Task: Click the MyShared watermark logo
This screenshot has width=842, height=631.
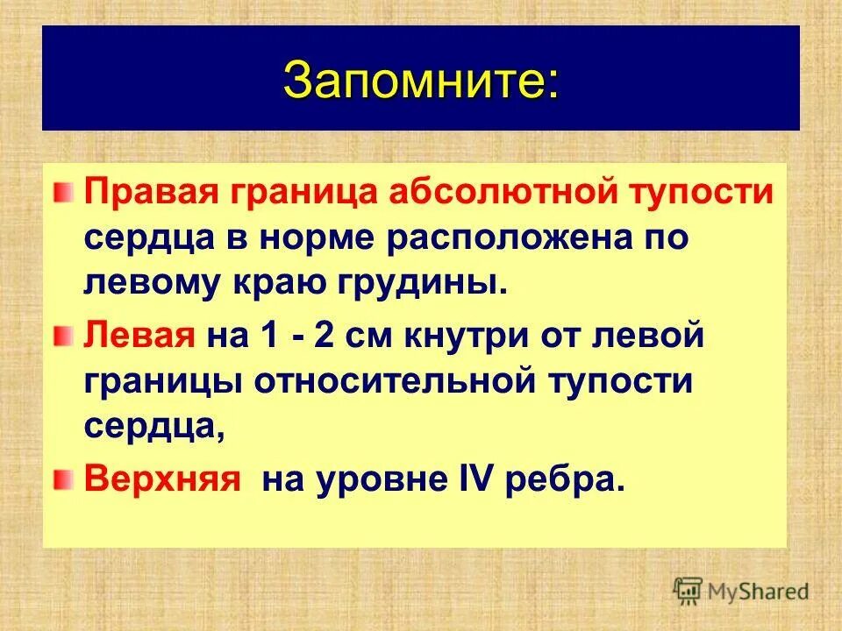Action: (x=742, y=591)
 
